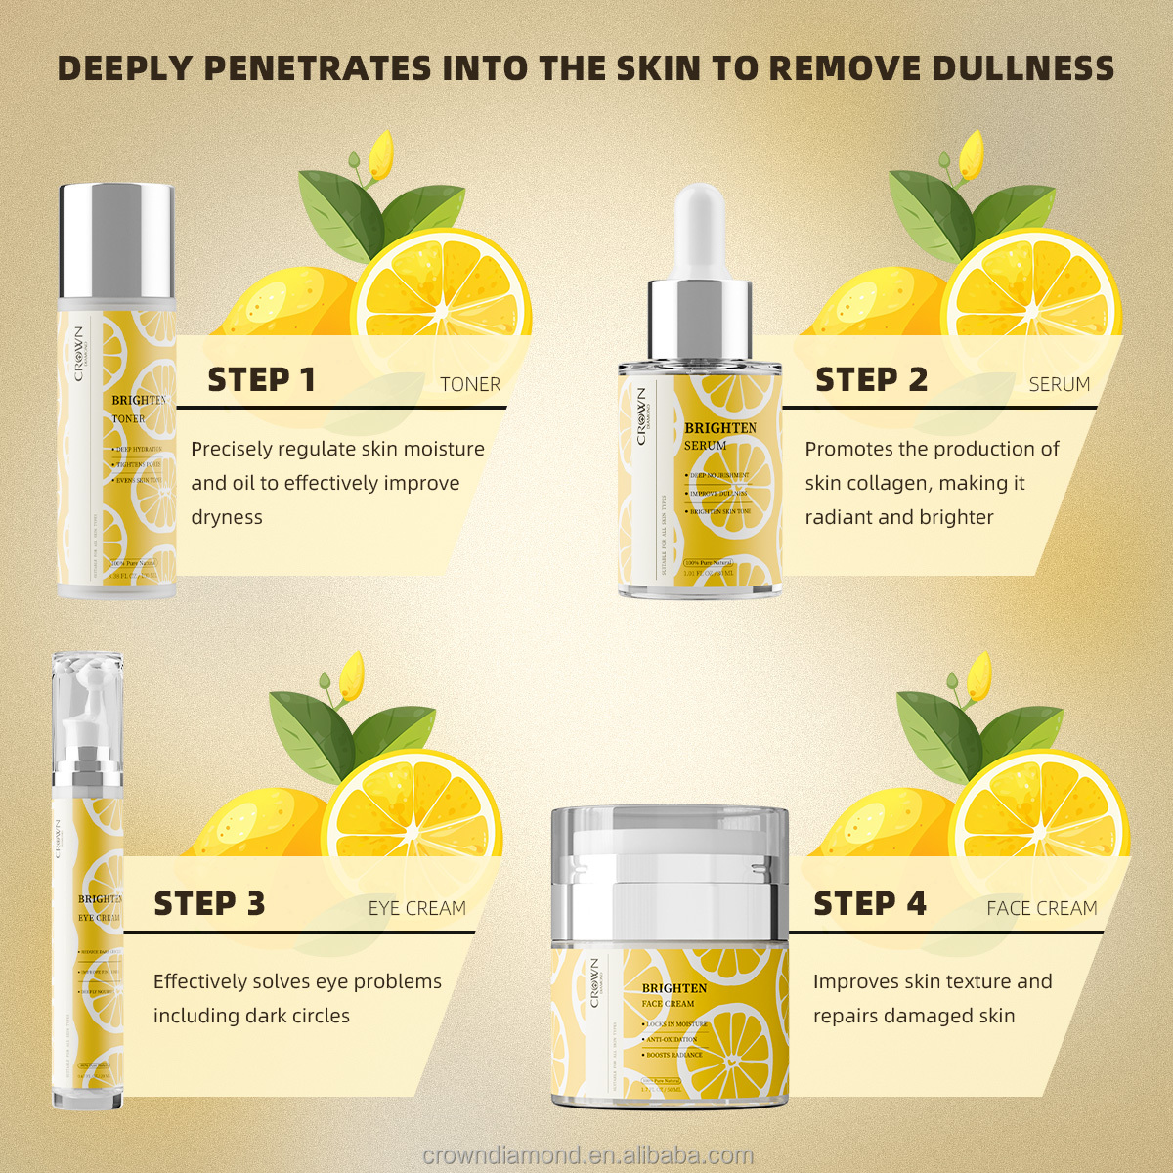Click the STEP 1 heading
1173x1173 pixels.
[261, 380]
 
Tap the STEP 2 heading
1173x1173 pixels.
[871, 380]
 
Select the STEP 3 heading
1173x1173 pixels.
[209, 904]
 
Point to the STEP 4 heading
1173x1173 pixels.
[869, 904]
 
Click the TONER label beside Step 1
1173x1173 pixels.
[470, 385]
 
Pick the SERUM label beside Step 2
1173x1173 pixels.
[1059, 385]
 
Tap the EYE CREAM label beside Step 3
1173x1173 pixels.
[417, 909]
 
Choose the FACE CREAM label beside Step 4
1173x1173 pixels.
[1041, 909]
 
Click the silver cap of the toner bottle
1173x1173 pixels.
[117, 239]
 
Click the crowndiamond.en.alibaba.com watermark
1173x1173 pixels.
[587, 1155]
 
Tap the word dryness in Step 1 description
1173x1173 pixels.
[227, 518]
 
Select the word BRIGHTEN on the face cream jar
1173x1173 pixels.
[673, 988]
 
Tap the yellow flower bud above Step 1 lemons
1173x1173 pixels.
[379, 153]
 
